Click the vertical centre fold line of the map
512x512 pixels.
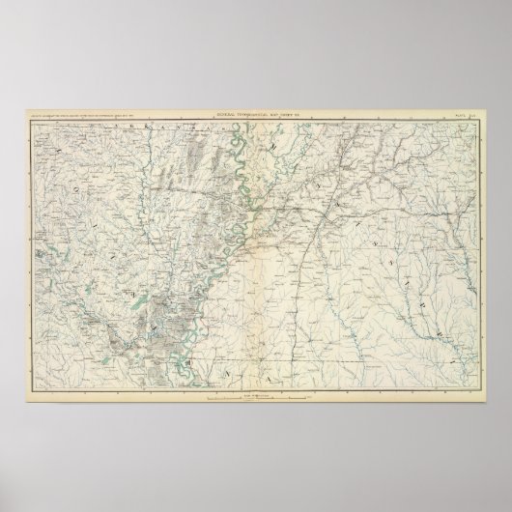[x=257, y=290]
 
